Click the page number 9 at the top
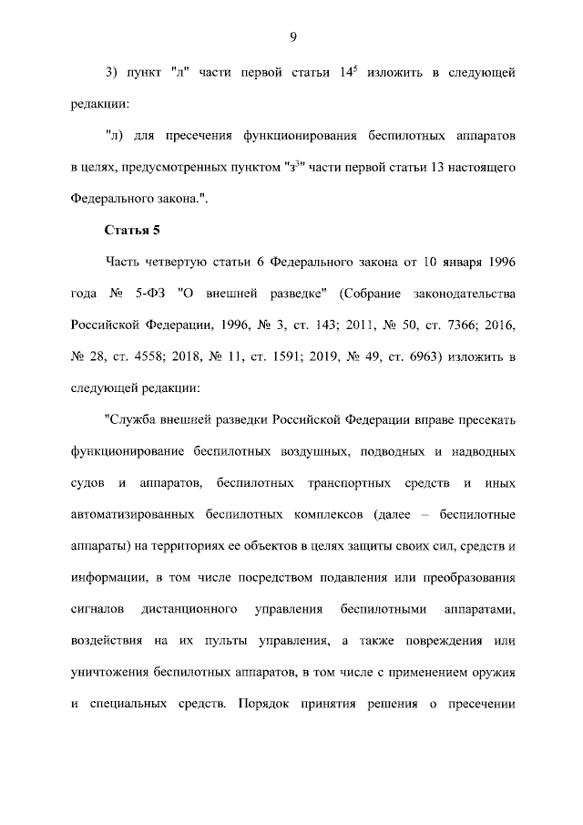(x=292, y=36)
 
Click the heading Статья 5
(x=133, y=229)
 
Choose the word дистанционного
(x=191, y=608)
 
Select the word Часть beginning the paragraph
(x=127, y=263)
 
